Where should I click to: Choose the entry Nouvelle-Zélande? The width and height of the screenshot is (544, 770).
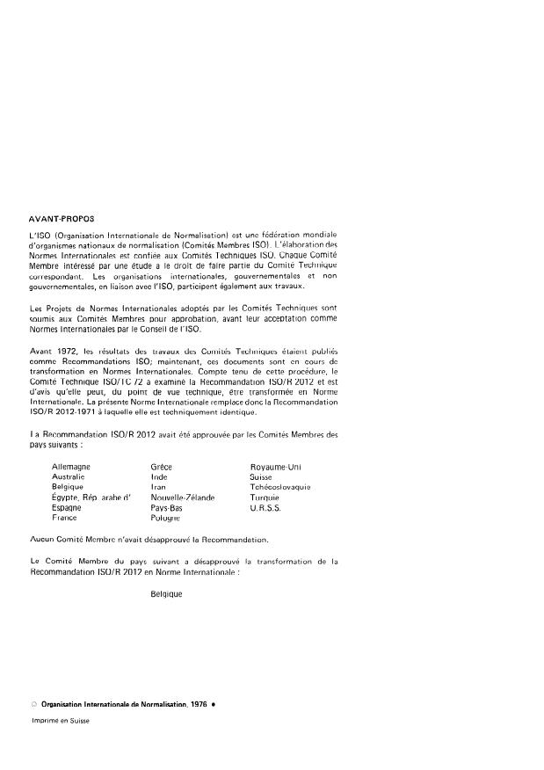(183, 498)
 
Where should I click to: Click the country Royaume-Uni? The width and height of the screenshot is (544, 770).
(275, 466)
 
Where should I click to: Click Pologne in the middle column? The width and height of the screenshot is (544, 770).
(166, 519)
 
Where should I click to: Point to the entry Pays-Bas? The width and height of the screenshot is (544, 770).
(167, 508)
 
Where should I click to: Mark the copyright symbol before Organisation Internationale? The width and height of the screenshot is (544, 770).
(33, 706)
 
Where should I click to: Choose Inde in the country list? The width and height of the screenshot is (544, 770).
(159, 476)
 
